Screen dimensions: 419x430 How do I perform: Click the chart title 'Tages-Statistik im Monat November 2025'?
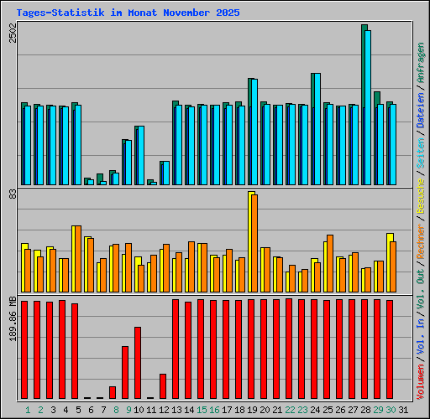[128, 13]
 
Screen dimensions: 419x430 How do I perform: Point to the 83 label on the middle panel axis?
[12, 194]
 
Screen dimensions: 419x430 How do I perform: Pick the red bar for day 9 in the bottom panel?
[125, 372]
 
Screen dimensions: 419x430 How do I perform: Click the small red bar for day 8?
[113, 391]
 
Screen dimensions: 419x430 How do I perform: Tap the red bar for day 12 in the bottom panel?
[163, 385]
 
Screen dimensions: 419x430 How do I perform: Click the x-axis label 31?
[403, 409]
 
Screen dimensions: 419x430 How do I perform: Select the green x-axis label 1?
[28, 409]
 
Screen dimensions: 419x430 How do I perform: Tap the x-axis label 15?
[202, 409]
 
